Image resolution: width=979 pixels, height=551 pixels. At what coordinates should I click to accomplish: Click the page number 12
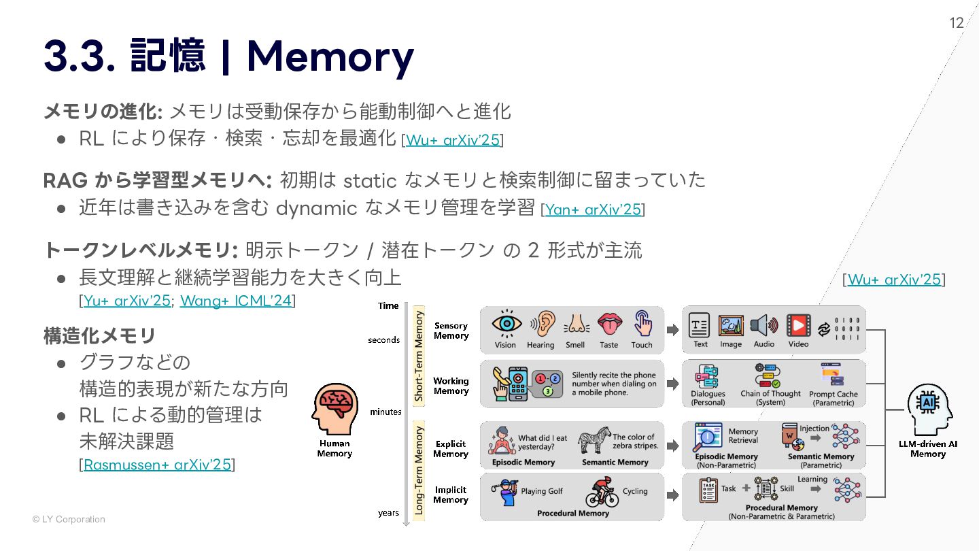[x=956, y=23]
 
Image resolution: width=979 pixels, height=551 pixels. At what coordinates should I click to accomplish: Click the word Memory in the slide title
[x=330, y=56]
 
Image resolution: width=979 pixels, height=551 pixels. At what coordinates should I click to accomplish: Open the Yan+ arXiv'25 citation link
[x=593, y=210]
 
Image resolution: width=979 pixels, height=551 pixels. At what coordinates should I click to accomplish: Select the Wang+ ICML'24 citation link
[x=235, y=300]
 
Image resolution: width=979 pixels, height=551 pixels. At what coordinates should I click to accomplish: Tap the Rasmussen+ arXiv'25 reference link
[x=157, y=465]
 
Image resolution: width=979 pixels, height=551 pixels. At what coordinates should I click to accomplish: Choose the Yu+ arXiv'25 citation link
[x=127, y=300]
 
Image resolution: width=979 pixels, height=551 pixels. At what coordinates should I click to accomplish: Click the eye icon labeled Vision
[x=506, y=324]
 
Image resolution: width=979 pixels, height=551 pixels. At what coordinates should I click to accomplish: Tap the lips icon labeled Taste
[x=609, y=324]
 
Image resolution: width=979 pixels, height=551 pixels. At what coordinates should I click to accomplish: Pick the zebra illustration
[x=594, y=440]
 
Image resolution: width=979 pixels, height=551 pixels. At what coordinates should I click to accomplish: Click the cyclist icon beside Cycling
[x=602, y=492]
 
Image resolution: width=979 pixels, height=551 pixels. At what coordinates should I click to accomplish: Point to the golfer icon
[x=506, y=492]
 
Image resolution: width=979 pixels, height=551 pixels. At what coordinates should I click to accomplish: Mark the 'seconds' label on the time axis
[x=384, y=340]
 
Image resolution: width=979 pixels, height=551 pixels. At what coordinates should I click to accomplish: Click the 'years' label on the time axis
[x=388, y=512]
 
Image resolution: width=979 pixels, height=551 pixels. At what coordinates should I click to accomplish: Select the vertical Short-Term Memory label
[x=419, y=356]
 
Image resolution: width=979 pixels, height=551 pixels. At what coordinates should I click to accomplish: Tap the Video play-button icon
[x=798, y=325]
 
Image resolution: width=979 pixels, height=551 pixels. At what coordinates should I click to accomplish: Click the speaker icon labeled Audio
[x=763, y=325]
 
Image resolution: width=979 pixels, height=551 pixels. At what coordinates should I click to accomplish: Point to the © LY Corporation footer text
[x=69, y=519]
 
